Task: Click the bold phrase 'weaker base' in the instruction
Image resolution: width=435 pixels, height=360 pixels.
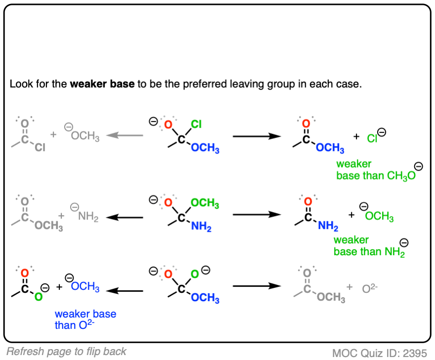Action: point(102,84)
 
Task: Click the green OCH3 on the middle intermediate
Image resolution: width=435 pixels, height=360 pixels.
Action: point(204,203)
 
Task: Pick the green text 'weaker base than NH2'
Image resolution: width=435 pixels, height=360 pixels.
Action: point(368,246)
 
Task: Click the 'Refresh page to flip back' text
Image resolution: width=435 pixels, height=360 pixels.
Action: point(67,352)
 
